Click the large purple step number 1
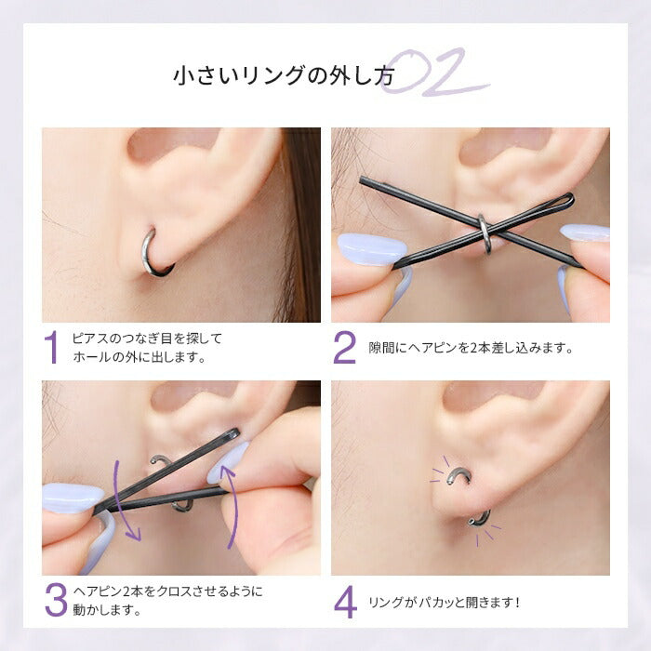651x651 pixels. point(51,348)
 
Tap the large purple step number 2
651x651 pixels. point(345,348)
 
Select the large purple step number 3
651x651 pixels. point(56,600)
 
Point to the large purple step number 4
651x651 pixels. point(345,602)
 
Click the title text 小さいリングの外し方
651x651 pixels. point(283,75)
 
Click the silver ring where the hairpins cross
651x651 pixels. point(485,234)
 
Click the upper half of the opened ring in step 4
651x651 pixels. point(460,472)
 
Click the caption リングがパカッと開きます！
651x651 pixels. point(445,602)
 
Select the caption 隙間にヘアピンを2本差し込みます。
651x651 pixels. point(471,348)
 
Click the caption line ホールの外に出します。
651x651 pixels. point(139,356)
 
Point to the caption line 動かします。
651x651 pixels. point(108,609)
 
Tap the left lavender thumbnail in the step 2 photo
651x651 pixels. point(371,249)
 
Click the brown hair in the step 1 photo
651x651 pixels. point(299,224)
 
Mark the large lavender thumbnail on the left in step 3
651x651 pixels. point(73,498)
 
